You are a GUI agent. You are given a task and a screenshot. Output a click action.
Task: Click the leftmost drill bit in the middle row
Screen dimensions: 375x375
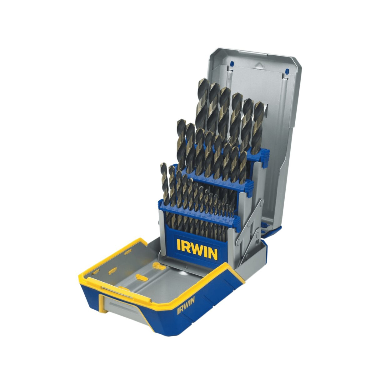[181, 141]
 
